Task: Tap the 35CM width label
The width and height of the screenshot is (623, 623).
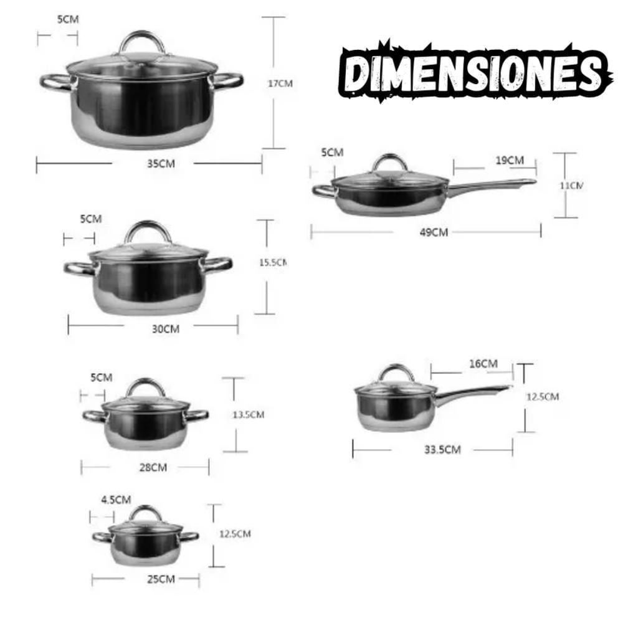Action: click(x=161, y=164)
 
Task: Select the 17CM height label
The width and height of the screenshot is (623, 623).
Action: click(x=280, y=83)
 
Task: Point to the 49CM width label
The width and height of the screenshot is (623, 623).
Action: click(x=434, y=232)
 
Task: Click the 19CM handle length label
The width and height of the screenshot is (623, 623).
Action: click(x=510, y=161)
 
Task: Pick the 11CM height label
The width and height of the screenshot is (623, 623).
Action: click(x=571, y=186)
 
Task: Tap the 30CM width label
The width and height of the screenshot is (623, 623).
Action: click(x=166, y=329)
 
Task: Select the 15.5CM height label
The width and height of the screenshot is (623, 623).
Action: click(x=273, y=263)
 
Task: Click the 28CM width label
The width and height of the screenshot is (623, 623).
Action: click(x=153, y=468)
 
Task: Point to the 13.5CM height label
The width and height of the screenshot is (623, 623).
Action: click(x=249, y=415)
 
